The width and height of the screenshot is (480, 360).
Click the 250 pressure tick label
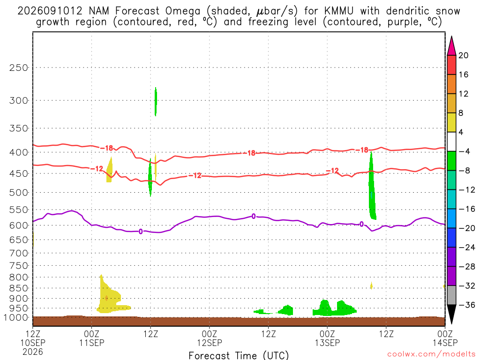[18, 67]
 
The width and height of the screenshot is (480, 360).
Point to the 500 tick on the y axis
[18, 193]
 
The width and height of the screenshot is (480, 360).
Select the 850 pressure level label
[18, 288]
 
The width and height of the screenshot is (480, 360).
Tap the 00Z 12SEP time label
[210, 338]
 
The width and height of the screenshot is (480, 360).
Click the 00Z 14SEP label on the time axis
[445, 338]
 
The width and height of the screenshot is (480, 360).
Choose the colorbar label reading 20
[464, 55]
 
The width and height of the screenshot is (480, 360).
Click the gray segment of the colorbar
[451, 295]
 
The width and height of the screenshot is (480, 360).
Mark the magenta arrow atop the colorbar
[451, 46]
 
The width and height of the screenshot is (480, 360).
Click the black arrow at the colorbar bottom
[451, 314]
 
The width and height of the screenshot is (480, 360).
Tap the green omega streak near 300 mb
[156, 101]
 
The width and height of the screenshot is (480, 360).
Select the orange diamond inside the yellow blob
[106, 298]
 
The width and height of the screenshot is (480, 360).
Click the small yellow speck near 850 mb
[371, 286]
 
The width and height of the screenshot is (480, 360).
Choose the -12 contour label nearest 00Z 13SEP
[333, 171]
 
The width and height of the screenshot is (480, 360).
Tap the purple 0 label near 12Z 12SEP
[254, 217]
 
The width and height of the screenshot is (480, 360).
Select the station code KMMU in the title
[338, 11]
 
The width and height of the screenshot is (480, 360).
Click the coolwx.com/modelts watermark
[431, 354]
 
